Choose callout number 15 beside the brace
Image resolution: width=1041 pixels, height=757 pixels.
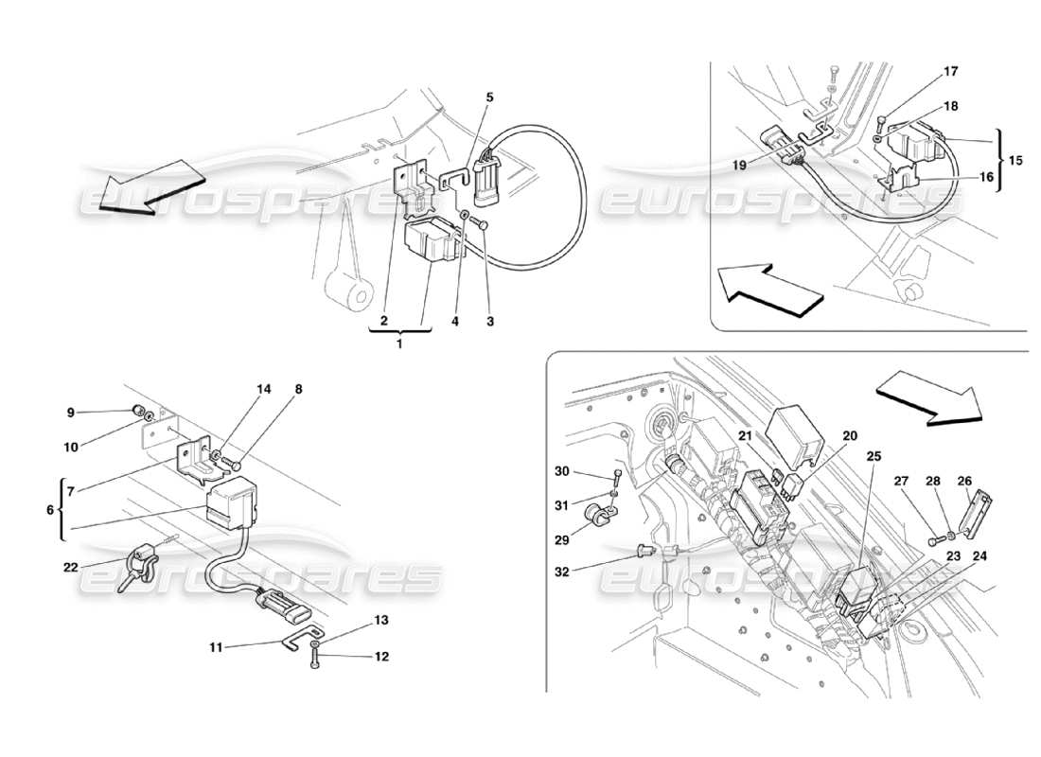pos(1015,160)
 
